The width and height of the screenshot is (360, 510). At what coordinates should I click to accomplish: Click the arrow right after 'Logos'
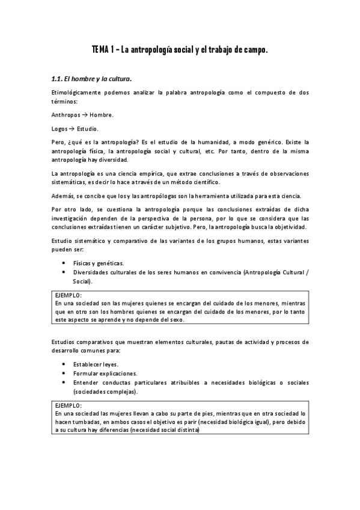(71, 128)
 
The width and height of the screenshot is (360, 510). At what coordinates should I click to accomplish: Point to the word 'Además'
(63, 197)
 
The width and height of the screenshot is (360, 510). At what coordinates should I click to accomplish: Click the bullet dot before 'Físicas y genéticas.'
(64, 263)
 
